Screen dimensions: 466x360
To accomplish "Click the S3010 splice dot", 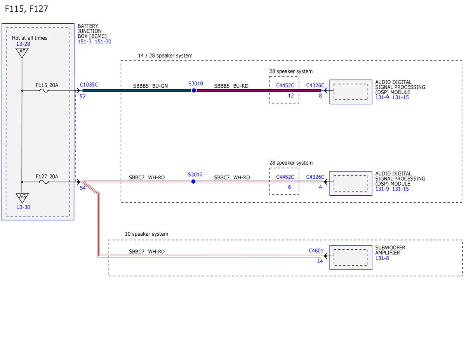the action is [194, 90].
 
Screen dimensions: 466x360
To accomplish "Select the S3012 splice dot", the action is [193, 182].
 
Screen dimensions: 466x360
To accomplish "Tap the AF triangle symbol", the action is [22, 52].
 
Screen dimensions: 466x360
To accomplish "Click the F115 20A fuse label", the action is [47, 85].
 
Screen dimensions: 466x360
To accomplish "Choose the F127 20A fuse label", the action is [47, 176].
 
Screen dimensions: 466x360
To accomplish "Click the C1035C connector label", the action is [89, 85].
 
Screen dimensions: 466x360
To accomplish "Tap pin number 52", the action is [83, 96].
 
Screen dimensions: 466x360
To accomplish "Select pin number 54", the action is [83, 188].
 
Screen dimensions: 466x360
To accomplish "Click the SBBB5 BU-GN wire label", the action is [150, 86].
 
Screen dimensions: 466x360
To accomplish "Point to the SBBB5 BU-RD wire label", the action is [231, 86].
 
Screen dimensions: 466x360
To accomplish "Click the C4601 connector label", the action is [316, 250].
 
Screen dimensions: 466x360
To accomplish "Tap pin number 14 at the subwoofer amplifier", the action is [320, 261].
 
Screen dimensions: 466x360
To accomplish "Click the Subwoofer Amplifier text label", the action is [390, 250].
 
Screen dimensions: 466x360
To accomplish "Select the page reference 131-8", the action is [382, 258].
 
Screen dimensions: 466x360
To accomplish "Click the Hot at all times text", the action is [30, 38].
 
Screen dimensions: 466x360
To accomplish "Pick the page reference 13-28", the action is [23, 44].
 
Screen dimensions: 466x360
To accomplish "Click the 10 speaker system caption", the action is [146, 234].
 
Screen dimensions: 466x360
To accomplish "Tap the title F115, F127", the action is [26, 9].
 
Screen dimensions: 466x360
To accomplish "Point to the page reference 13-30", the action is [23, 207].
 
